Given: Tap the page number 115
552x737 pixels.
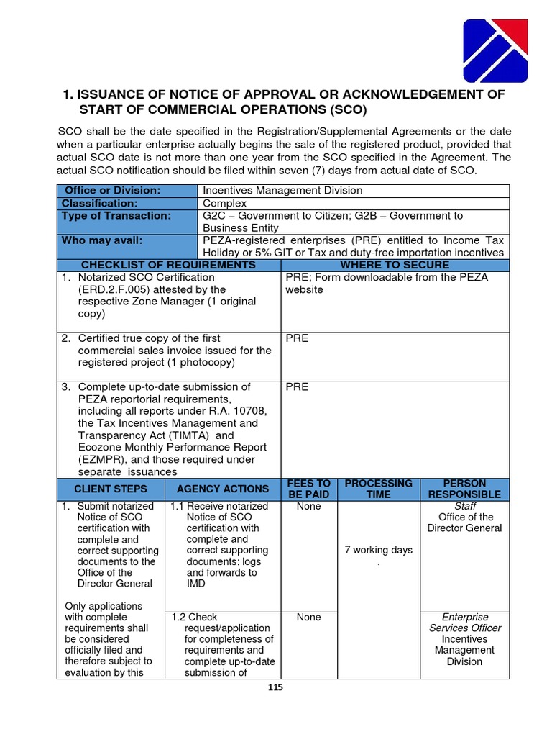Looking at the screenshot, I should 275,687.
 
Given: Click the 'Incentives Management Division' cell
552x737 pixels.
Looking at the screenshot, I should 282,191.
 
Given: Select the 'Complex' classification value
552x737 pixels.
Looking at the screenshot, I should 225,203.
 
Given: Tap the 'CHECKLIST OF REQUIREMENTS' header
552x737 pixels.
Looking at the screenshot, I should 168,265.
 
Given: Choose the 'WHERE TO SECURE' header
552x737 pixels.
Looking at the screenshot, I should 394,265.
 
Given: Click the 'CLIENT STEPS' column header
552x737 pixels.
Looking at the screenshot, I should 111,489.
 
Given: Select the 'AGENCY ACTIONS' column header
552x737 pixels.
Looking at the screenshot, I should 223,489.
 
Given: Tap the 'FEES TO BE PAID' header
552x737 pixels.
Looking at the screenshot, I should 308,489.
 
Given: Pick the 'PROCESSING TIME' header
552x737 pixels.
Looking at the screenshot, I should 378,489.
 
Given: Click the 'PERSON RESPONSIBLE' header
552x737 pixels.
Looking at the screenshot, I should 464,489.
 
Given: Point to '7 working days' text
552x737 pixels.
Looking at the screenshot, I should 378,550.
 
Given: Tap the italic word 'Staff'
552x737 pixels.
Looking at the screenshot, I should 465,506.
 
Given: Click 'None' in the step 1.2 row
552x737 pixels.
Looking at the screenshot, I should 308,617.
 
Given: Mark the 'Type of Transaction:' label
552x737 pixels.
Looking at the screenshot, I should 116,215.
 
